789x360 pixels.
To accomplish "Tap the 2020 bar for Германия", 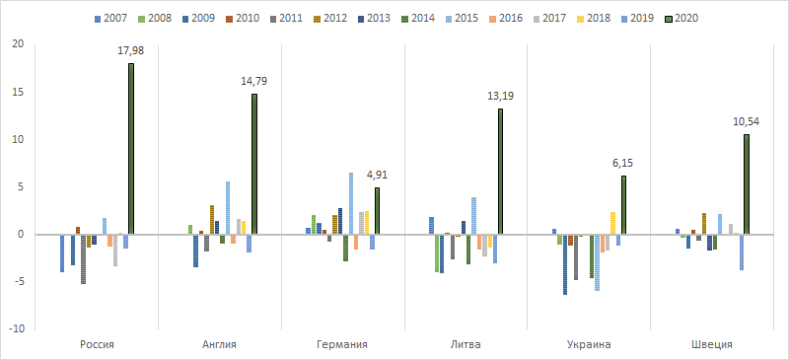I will coord(377,211).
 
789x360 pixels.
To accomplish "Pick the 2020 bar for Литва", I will coord(500,172).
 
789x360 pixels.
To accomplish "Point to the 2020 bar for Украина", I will coord(623,205).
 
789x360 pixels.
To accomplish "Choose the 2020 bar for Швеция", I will coord(747,184).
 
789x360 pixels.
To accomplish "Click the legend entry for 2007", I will coord(108,19).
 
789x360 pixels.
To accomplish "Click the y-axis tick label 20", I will coord(18,44).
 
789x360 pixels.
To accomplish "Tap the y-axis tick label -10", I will coord(16,328).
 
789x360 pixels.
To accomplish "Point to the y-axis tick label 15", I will coord(18,92).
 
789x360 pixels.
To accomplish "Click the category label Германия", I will coord(343,344).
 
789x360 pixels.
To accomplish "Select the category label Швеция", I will coord(712,344).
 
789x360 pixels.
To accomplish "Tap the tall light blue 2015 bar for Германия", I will coord(350,203).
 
